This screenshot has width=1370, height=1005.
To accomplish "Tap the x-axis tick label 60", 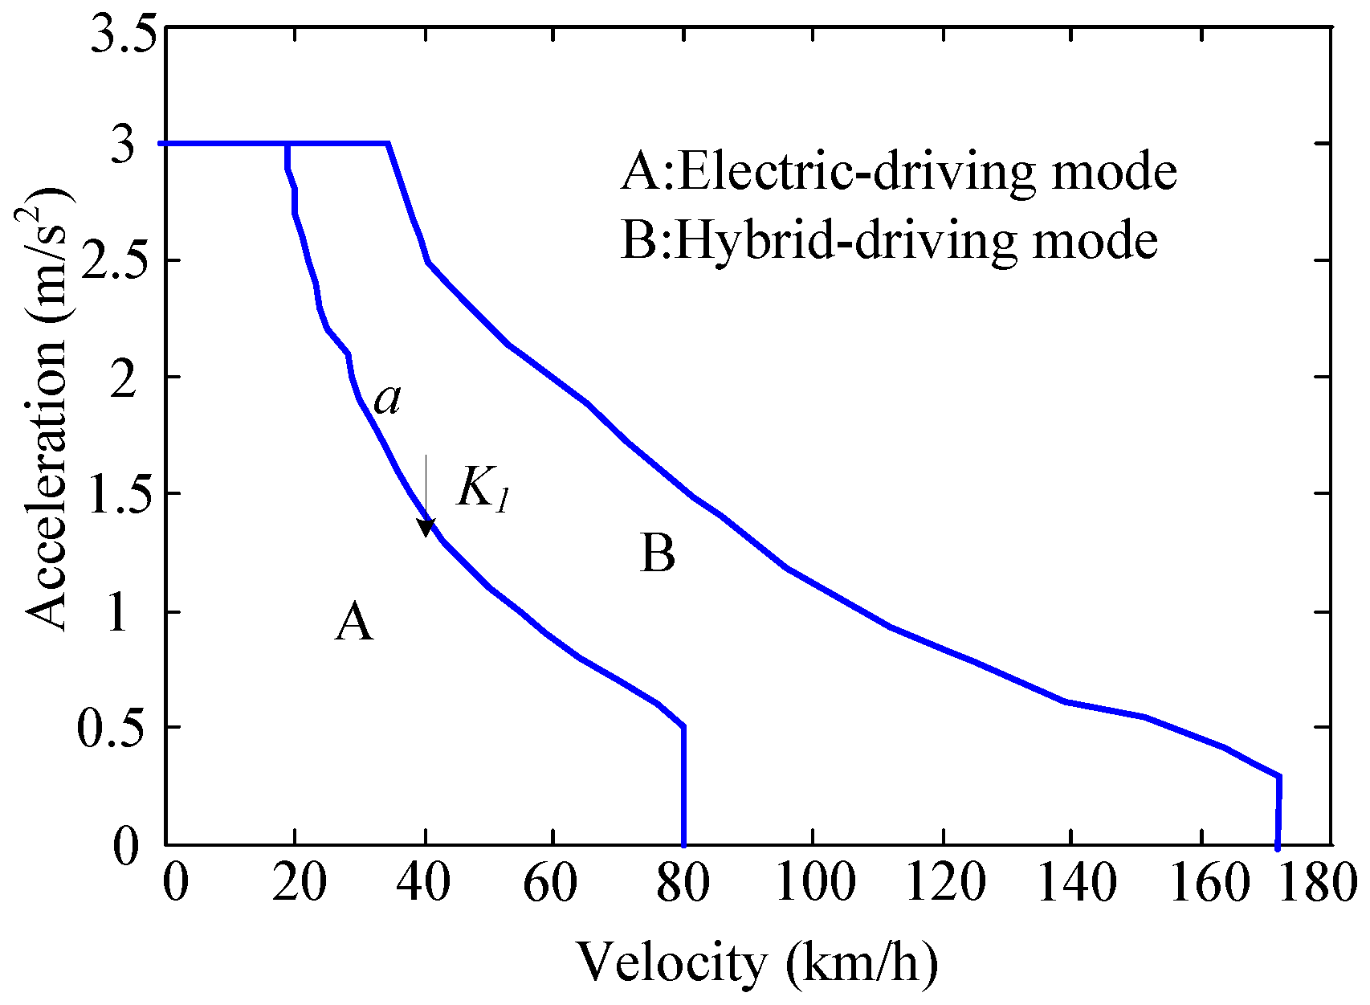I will (551, 883).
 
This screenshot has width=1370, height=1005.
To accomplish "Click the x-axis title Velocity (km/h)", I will (756, 962).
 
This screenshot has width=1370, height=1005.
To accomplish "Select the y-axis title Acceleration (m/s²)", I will (47, 410).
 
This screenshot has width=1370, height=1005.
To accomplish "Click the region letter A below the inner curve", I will (354, 623).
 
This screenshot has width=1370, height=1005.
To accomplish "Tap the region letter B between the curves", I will (658, 554).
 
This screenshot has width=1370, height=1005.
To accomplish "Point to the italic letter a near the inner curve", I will (388, 399).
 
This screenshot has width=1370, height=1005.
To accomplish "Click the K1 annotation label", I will (483, 488).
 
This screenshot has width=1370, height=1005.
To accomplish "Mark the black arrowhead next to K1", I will (426, 528).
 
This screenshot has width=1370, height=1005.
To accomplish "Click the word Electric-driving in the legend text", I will (772, 172).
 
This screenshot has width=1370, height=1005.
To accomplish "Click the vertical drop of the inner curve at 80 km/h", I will (683, 787).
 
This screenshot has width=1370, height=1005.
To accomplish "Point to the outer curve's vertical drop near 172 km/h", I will (1278, 811).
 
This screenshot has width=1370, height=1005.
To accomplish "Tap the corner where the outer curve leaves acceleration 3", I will (389, 144).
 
